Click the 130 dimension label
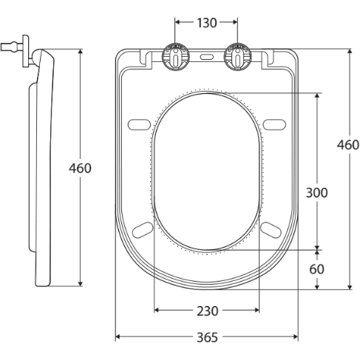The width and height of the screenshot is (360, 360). point(207,22)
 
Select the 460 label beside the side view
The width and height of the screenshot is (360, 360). point(80,168)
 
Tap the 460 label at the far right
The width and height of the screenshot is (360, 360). point(348,145)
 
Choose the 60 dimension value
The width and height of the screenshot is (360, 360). point(316,269)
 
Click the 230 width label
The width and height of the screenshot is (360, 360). point(207,310)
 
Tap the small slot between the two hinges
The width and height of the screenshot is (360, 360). point(207,56)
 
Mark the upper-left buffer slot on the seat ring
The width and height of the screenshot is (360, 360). point(138,123)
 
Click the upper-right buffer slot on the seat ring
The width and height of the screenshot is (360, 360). point(274,123)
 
